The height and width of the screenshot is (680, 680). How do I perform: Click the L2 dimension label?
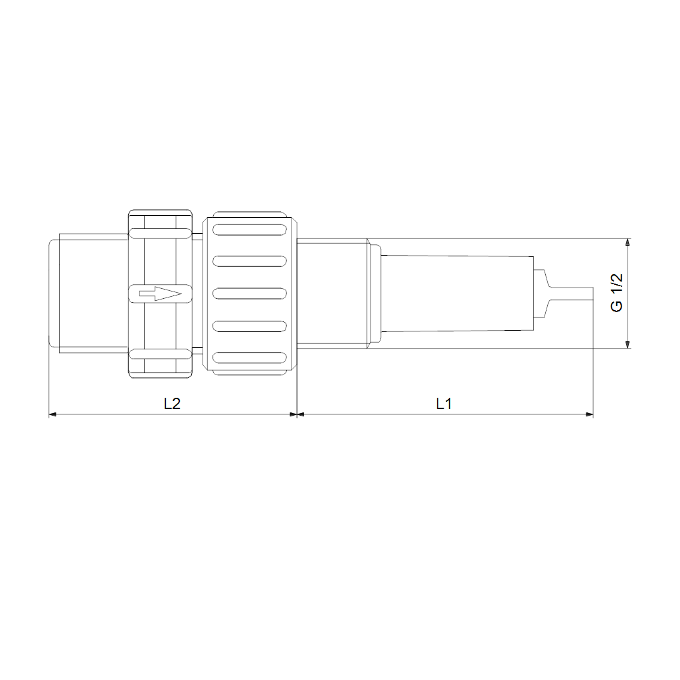[x=172, y=403]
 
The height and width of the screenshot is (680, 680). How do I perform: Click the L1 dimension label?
[x=444, y=403]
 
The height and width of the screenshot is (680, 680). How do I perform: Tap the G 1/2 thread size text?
[x=617, y=293]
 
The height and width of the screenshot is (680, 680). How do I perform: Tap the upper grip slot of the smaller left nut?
[x=160, y=233]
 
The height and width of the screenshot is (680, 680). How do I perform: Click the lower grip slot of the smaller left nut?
[x=160, y=354]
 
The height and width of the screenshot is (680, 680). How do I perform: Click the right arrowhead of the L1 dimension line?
[x=589, y=414]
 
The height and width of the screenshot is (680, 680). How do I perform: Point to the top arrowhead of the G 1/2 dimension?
[x=628, y=242]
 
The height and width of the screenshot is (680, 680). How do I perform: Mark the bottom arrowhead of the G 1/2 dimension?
[x=628, y=343]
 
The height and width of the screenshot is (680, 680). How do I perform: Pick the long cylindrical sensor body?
[x=458, y=294]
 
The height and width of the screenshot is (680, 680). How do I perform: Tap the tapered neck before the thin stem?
[x=543, y=294]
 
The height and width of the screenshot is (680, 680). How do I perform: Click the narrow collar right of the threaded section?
[x=375, y=294]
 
